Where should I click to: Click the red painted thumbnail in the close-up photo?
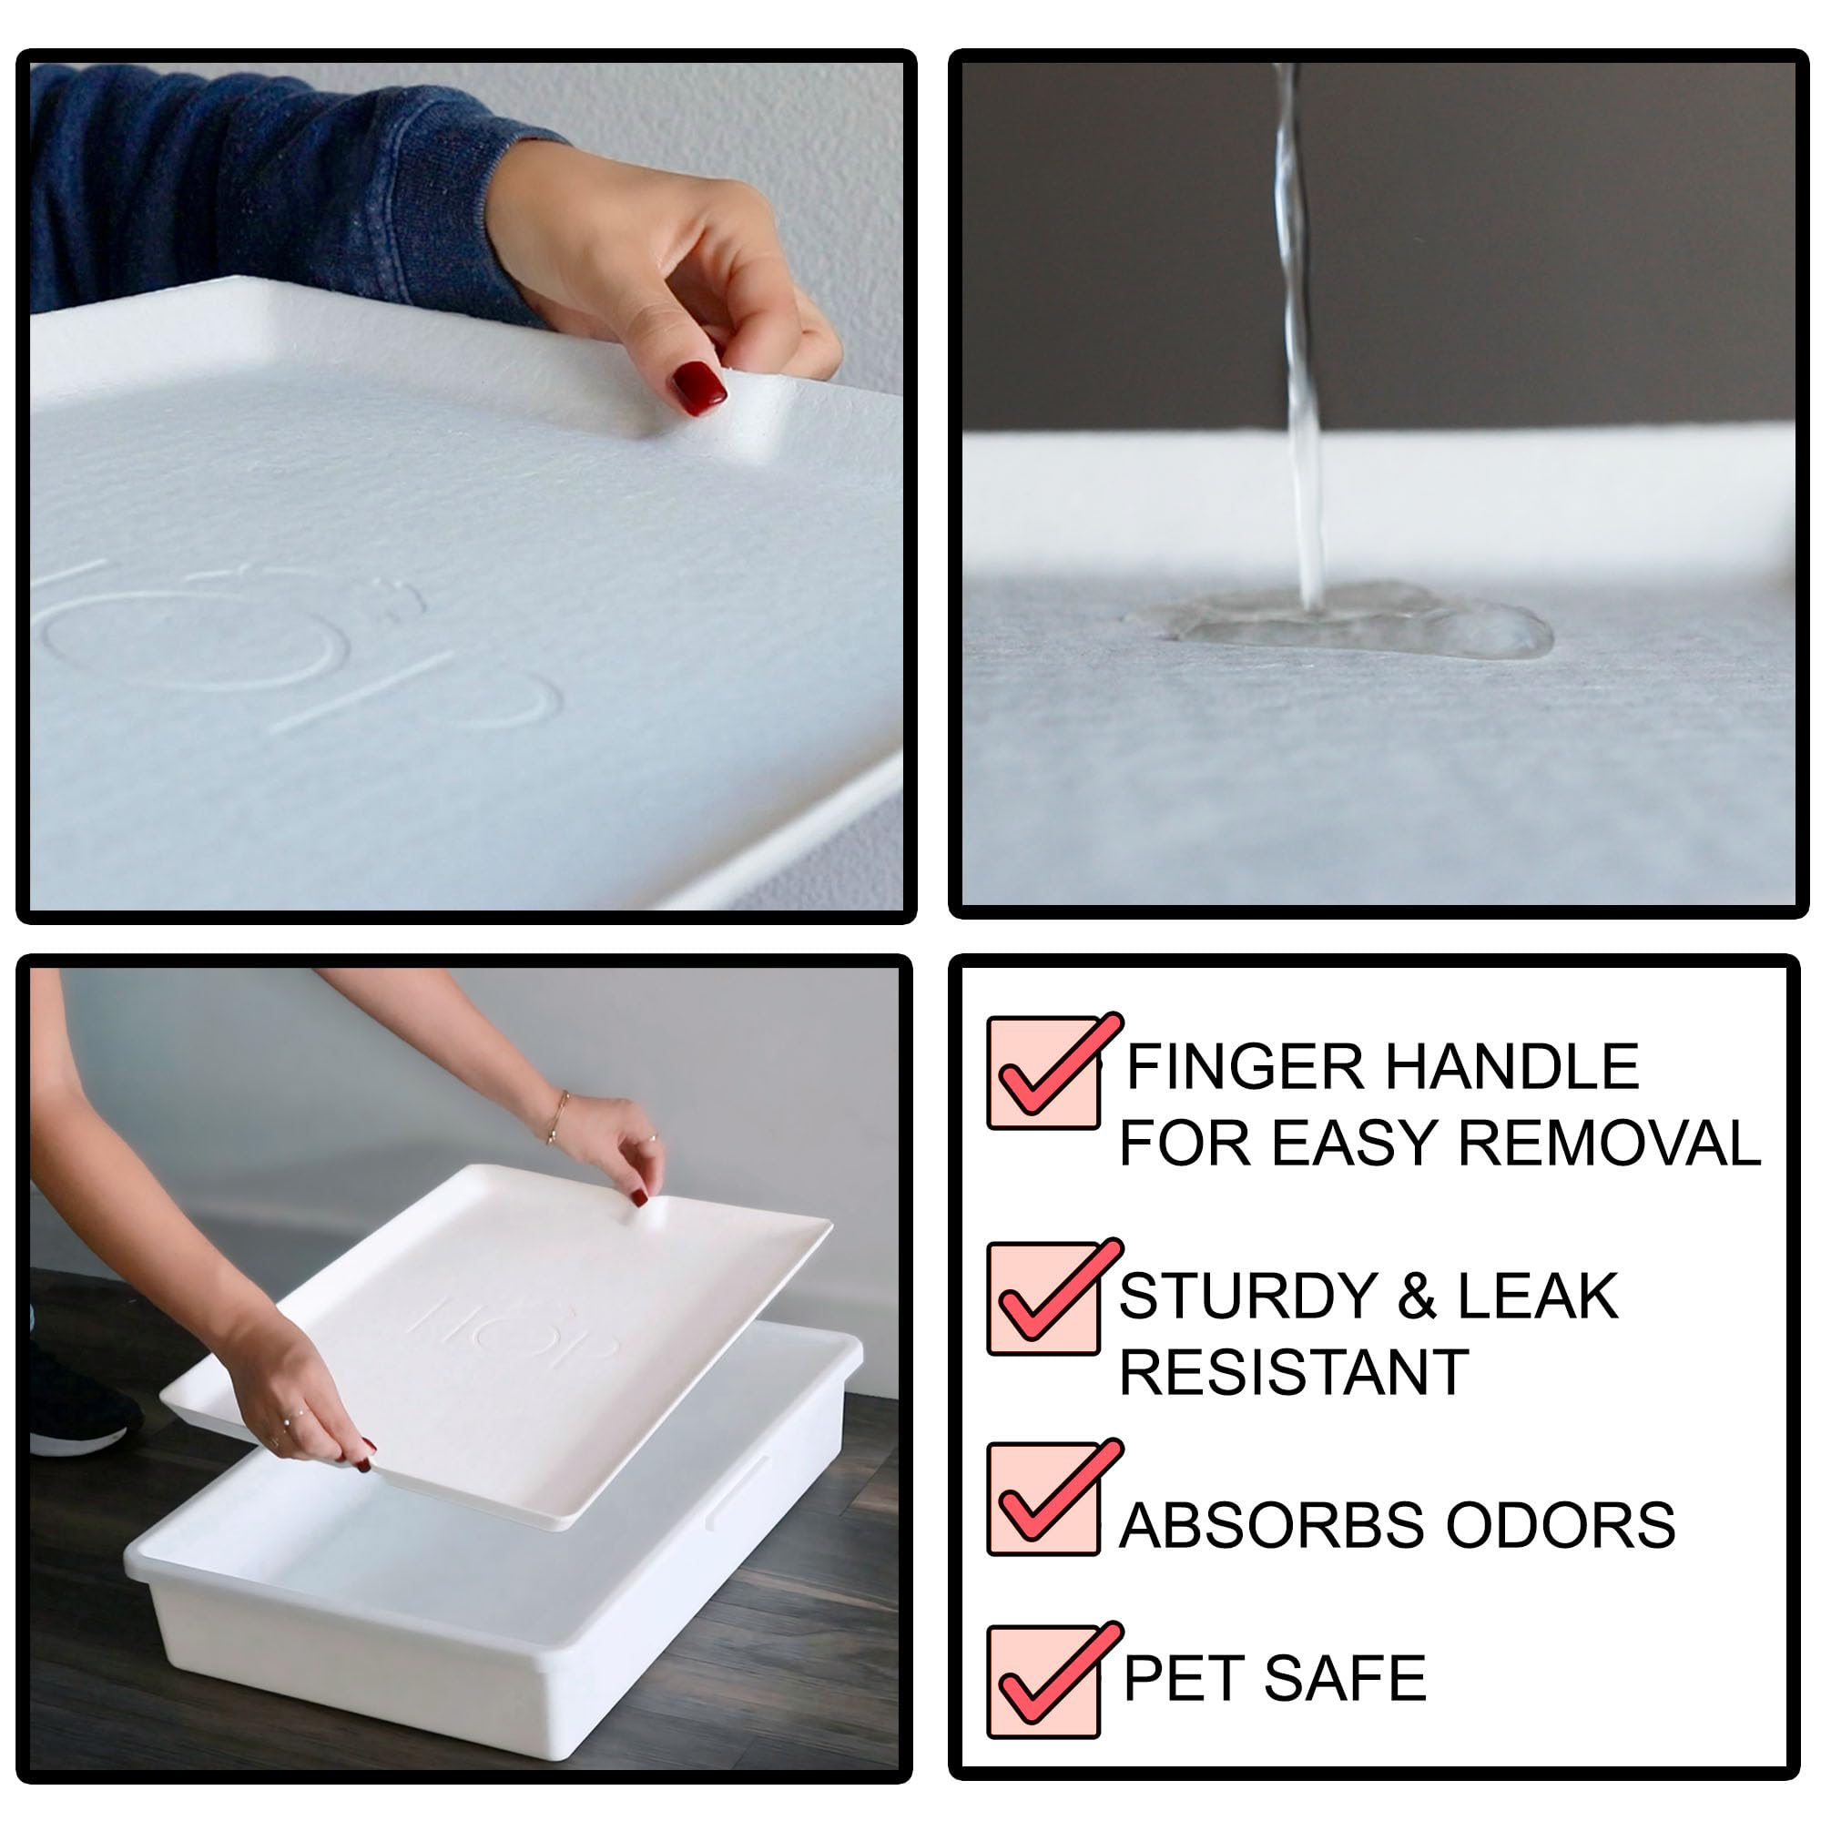pyautogui.click(x=698, y=387)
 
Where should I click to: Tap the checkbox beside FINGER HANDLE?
pyautogui.click(x=1043, y=1073)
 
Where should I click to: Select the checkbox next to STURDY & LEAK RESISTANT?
pyautogui.click(x=1043, y=1299)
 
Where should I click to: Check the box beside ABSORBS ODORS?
pyautogui.click(x=1043, y=1499)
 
